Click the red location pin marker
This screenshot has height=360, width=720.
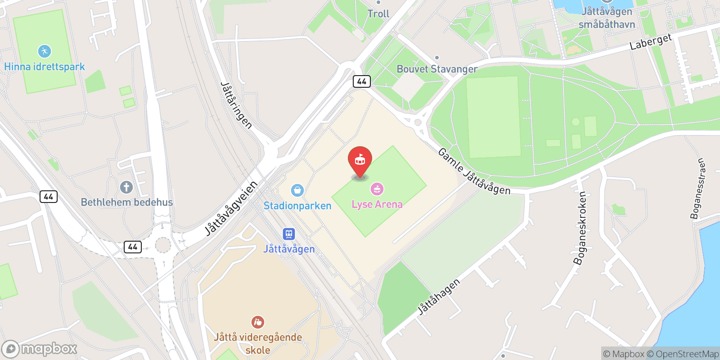pyautogui.click(x=360, y=160)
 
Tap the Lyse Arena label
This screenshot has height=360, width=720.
pyautogui.click(x=377, y=204)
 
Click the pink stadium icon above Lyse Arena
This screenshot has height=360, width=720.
pyautogui.click(x=377, y=189)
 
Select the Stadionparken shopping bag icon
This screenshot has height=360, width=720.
pyautogui.click(x=297, y=190)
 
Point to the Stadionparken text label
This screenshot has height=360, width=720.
pyautogui.click(x=297, y=206)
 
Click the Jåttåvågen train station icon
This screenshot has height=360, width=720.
pyautogui.click(x=288, y=234)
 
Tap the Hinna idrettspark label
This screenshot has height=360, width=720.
pyautogui.click(x=45, y=67)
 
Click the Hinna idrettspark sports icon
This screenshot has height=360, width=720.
pyautogui.click(x=45, y=51)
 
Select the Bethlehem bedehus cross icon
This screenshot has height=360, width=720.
pyautogui.click(x=126, y=187)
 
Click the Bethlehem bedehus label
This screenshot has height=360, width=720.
pyautogui.click(x=127, y=202)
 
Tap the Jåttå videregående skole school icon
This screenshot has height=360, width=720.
pyautogui.click(x=258, y=322)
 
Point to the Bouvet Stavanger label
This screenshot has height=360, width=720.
pyautogui.click(x=437, y=69)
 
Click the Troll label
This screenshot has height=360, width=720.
pyautogui.click(x=378, y=14)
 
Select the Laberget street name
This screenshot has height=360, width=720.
pyautogui.click(x=650, y=42)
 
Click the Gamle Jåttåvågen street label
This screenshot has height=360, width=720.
pyautogui.click(x=474, y=172)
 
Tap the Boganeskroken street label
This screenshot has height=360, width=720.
pyautogui.click(x=580, y=228)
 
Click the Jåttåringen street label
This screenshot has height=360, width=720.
pyautogui.click(x=236, y=105)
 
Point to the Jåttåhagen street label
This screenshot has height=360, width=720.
pyautogui.click(x=439, y=297)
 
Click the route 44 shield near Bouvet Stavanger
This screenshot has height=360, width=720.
pyautogui.click(x=362, y=81)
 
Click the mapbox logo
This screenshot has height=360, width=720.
pyautogui.click(x=40, y=349)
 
